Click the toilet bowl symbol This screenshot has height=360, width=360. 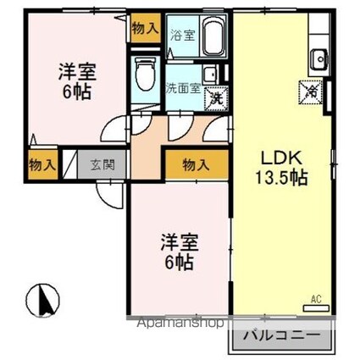coord(146,74)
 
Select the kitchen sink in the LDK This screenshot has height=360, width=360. coord(319,59)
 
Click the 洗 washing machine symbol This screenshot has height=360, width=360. coord(216,98)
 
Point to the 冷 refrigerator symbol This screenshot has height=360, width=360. coord(311,92)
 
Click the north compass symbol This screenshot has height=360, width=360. coord(42,300)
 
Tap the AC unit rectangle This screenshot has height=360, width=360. coord(316,307)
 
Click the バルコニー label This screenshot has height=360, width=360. coord(282,335)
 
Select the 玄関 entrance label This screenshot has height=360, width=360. coord(102,164)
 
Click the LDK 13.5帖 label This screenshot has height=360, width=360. coord(281,169)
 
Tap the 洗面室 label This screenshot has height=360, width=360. coord(183,89)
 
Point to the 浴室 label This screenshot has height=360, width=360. coord(183,36)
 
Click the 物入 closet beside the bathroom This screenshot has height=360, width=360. coord(146,28)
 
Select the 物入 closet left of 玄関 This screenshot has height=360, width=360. coord(42,165)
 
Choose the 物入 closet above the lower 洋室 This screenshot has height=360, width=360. coord(197,164)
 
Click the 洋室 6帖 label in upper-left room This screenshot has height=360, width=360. coord(77,81)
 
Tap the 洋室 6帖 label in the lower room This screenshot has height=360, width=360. coord(180,252)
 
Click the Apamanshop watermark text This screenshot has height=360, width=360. coord(180,322)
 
